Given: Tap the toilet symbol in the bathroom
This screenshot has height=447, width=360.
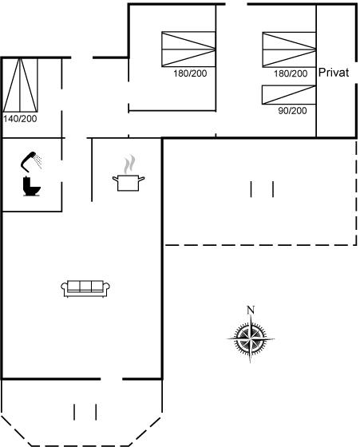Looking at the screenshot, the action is [x=31, y=186].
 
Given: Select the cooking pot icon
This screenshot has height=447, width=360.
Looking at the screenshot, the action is [x=129, y=183].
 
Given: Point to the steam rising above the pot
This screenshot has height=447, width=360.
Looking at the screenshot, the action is [x=129, y=164].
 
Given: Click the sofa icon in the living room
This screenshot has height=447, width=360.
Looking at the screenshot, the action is [x=85, y=288].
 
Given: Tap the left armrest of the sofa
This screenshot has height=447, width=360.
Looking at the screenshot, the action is [x=65, y=288].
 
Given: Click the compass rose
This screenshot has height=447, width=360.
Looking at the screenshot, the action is [x=251, y=338].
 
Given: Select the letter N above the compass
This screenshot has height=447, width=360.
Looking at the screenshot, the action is [x=251, y=310].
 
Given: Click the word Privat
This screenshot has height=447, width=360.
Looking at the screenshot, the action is [x=334, y=73].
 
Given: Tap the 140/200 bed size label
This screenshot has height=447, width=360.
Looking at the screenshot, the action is [x=20, y=119].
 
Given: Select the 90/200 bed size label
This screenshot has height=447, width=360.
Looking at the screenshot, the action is [x=292, y=111].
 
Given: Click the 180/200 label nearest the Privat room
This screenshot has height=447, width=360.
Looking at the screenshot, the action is [x=291, y=73].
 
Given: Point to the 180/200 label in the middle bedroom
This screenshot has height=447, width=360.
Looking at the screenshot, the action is [x=190, y=73].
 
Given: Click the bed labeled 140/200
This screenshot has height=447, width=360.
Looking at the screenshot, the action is [x=20, y=85].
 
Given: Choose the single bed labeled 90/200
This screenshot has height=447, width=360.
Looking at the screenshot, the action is [x=289, y=95].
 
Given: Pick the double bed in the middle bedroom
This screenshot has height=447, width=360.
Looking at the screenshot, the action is [x=188, y=49].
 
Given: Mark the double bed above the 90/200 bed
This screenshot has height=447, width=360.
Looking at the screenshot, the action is [x=289, y=49].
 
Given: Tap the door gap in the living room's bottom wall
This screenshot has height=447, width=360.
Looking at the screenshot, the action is [x=112, y=379].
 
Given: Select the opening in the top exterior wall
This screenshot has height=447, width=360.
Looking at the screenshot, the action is [x=236, y=4].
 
